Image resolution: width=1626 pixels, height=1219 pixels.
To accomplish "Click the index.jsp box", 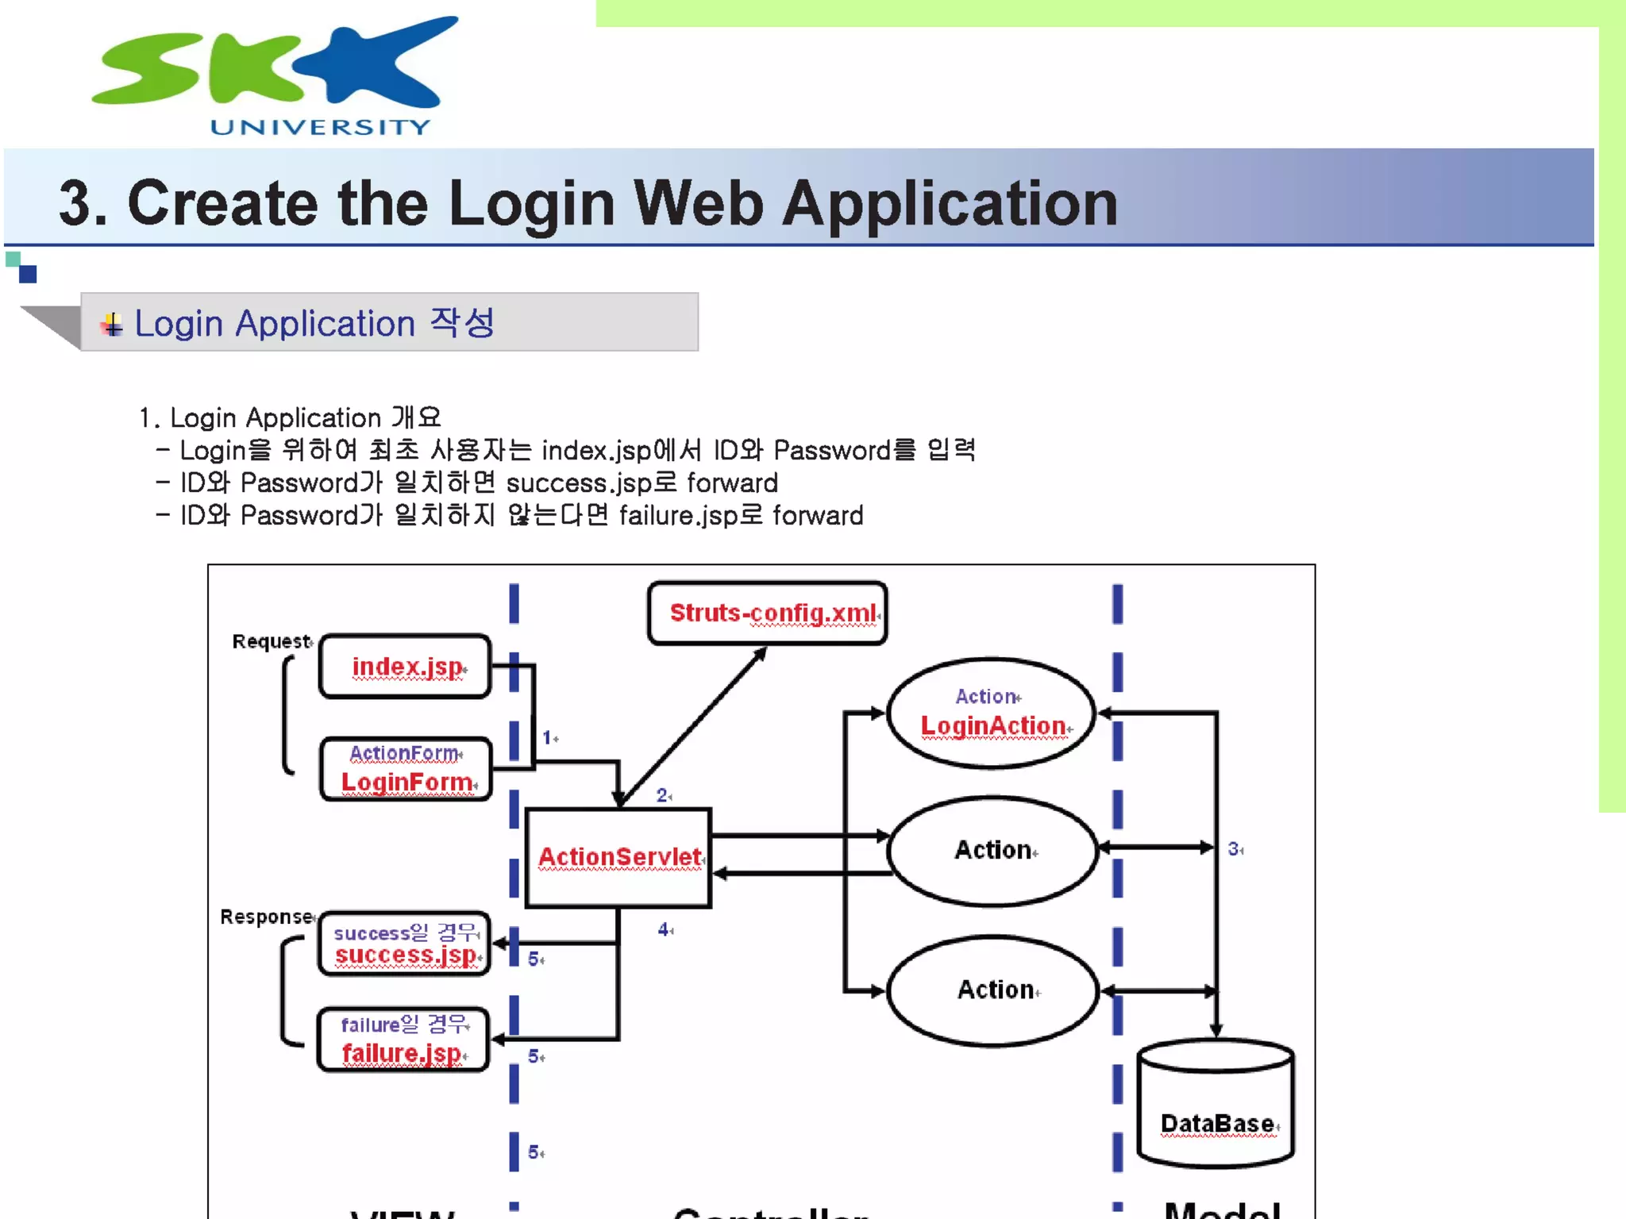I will (x=405, y=667).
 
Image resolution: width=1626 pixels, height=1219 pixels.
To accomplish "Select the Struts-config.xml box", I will (x=767, y=613).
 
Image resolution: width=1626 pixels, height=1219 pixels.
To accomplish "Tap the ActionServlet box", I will (x=618, y=857).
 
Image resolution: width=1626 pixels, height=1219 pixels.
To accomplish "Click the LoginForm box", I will (x=406, y=770).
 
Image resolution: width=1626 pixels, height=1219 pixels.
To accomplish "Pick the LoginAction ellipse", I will (x=992, y=713).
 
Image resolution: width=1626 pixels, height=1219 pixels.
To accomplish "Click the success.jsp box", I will (x=404, y=944).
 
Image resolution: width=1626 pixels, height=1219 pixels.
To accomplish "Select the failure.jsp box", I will (x=403, y=1040).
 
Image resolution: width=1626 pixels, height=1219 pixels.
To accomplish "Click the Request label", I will (x=271, y=641).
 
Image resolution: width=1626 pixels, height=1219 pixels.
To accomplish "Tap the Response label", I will (x=266, y=917).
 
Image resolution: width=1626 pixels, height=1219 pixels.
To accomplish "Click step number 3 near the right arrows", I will (x=1234, y=849).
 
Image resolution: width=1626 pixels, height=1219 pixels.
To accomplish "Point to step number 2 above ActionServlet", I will (x=661, y=795).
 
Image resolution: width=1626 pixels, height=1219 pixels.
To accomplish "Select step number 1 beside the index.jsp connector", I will (x=547, y=738).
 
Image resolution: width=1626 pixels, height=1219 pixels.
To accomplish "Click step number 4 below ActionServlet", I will (x=663, y=929).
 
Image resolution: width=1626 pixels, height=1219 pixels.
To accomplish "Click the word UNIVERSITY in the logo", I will (x=320, y=127).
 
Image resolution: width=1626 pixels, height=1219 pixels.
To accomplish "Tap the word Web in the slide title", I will (x=698, y=203).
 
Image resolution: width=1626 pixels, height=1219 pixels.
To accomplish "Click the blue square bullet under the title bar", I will (x=28, y=275).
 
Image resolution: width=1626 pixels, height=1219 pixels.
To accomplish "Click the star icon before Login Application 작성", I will (x=112, y=325).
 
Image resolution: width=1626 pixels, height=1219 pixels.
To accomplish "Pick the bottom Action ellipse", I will (x=992, y=990).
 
